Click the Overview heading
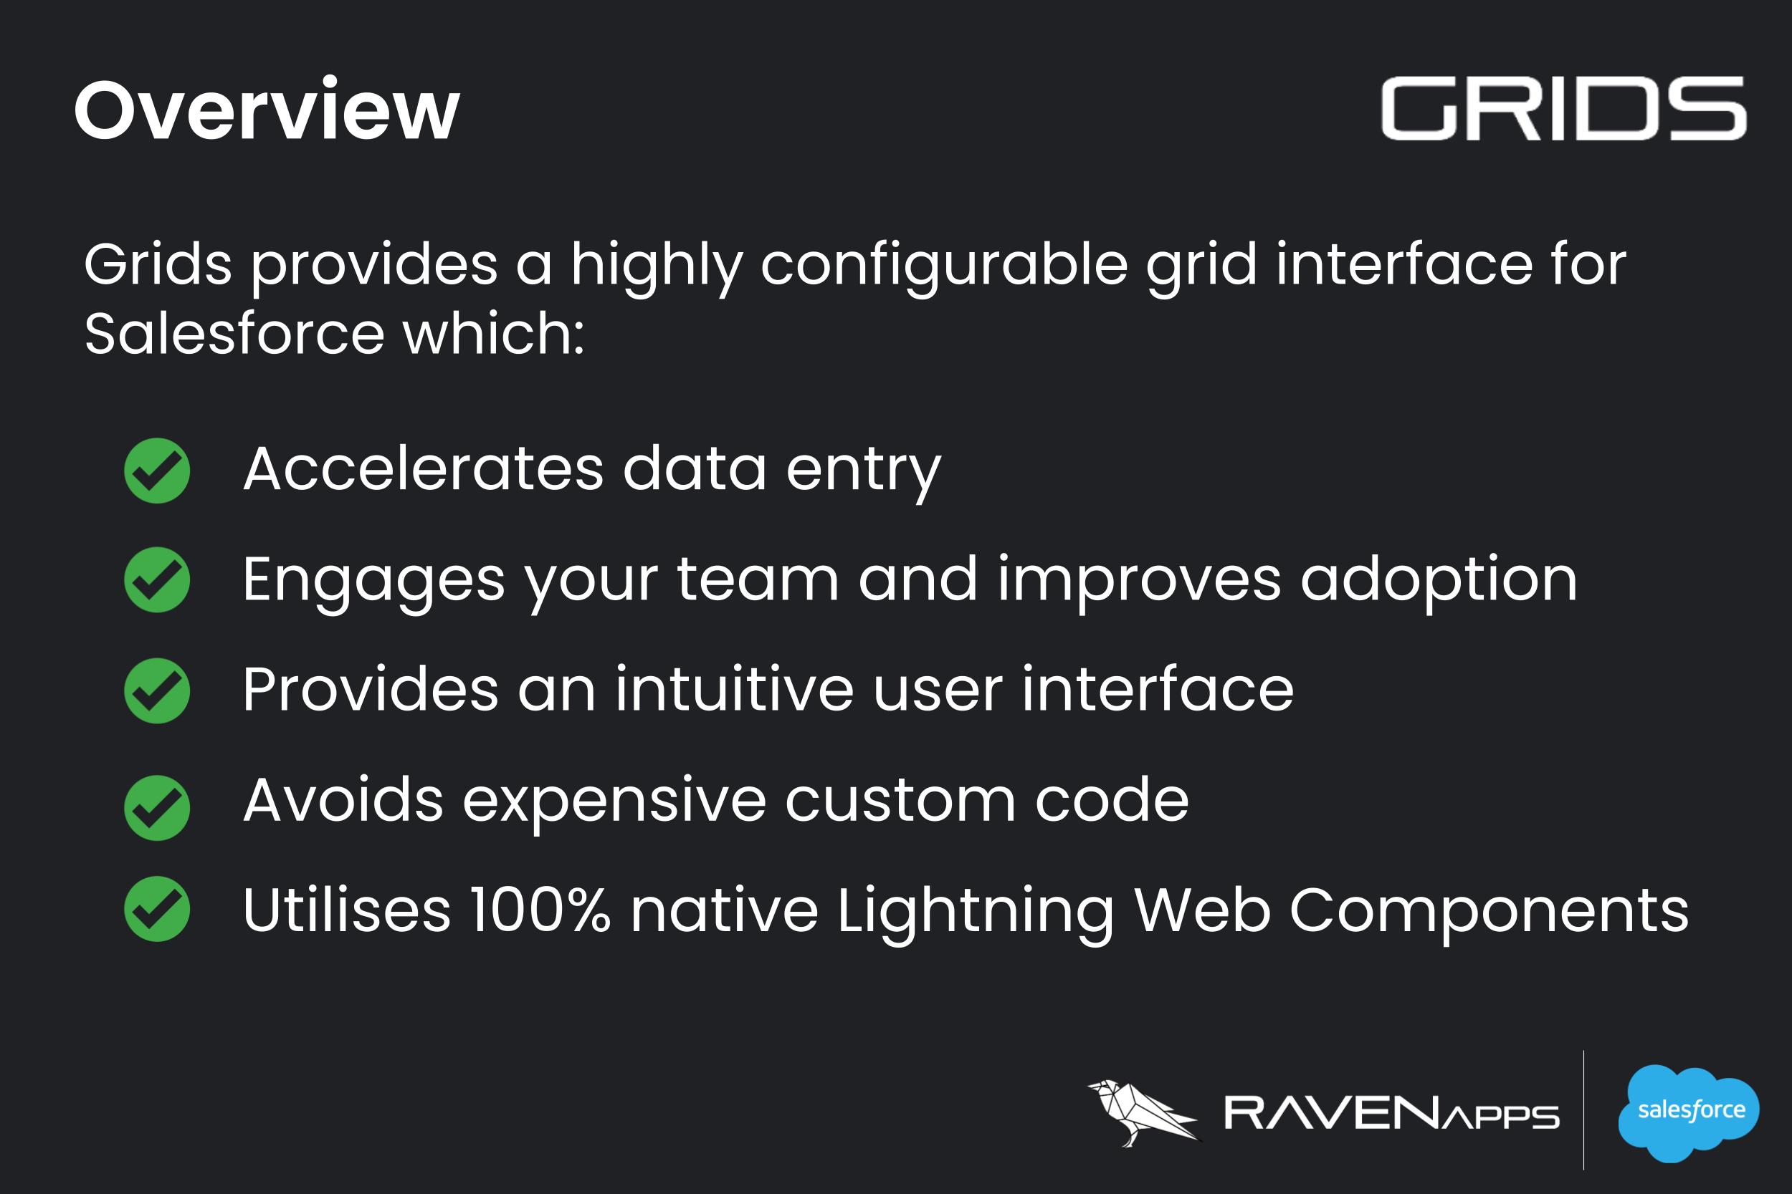267,110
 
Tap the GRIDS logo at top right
1563,108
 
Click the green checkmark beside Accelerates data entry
157,471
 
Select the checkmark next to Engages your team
157,579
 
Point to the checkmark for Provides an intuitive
157,690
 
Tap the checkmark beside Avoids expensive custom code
157,808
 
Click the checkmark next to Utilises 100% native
157,909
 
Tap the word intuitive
735,689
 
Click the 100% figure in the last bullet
540,909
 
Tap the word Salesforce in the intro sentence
234,334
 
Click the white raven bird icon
1143,1112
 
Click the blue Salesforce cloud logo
1687,1112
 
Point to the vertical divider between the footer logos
1583,1109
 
